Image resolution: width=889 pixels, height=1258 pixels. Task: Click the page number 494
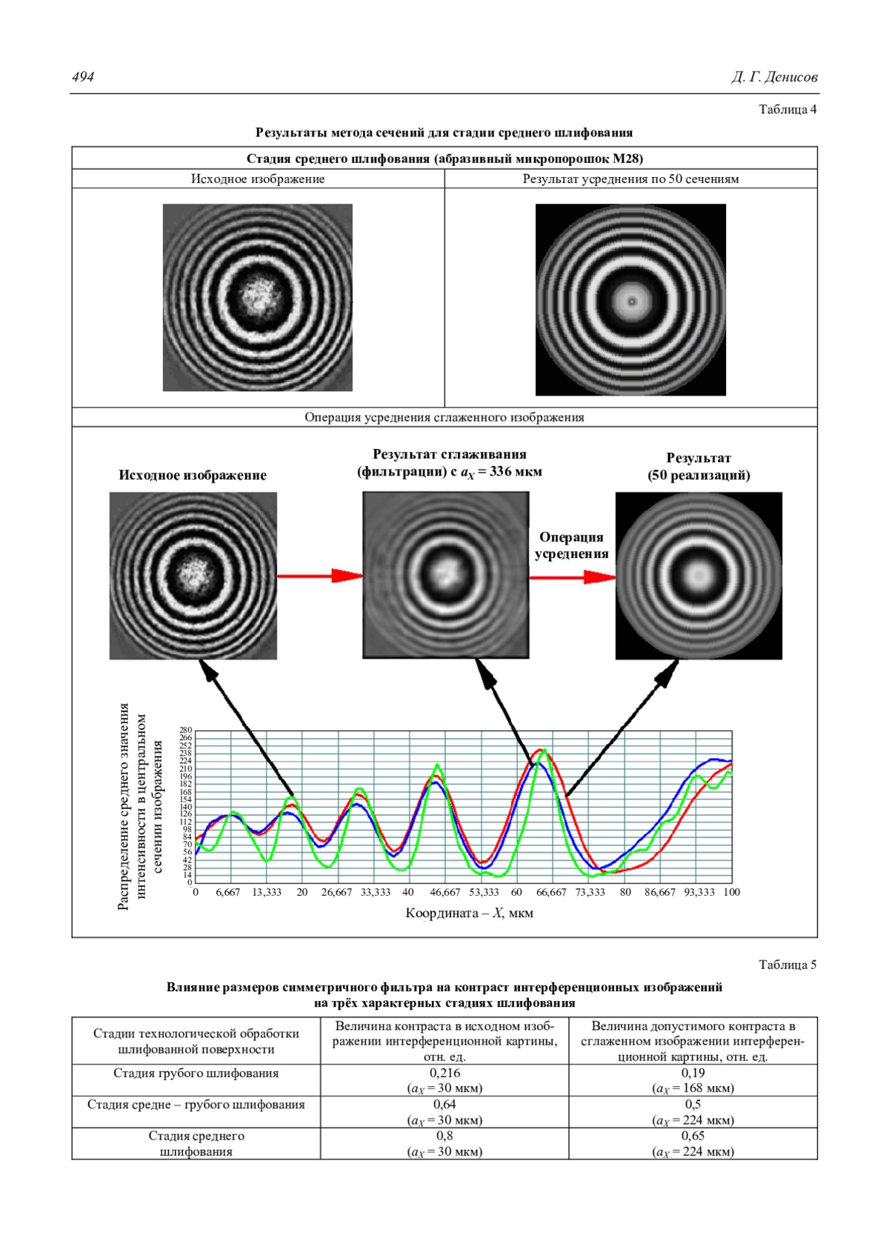[83, 77]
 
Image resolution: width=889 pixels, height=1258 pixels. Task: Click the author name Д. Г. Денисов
[774, 77]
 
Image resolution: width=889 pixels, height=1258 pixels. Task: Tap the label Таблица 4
[788, 110]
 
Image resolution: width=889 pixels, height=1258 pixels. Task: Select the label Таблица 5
[788, 965]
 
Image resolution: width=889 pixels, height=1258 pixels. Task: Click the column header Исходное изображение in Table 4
[258, 179]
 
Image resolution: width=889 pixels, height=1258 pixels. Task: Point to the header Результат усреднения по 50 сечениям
[630, 179]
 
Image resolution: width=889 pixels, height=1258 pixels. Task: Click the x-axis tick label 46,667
[444, 892]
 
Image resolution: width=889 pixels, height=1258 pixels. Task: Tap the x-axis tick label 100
[731, 892]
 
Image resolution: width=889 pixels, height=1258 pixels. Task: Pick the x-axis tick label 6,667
[227, 892]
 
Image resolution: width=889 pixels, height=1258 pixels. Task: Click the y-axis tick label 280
[185, 730]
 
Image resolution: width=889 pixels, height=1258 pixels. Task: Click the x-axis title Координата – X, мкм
[469, 913]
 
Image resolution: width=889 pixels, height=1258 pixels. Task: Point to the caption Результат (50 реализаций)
[699, 467]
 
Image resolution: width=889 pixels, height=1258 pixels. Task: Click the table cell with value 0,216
[444, 1073]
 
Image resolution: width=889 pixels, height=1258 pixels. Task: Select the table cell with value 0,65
[693, 1136]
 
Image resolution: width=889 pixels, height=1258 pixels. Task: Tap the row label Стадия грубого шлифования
[196, 1074]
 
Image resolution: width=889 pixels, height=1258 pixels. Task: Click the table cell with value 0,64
[444, 1105]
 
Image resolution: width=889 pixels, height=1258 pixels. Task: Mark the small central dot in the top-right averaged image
[631, 302]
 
